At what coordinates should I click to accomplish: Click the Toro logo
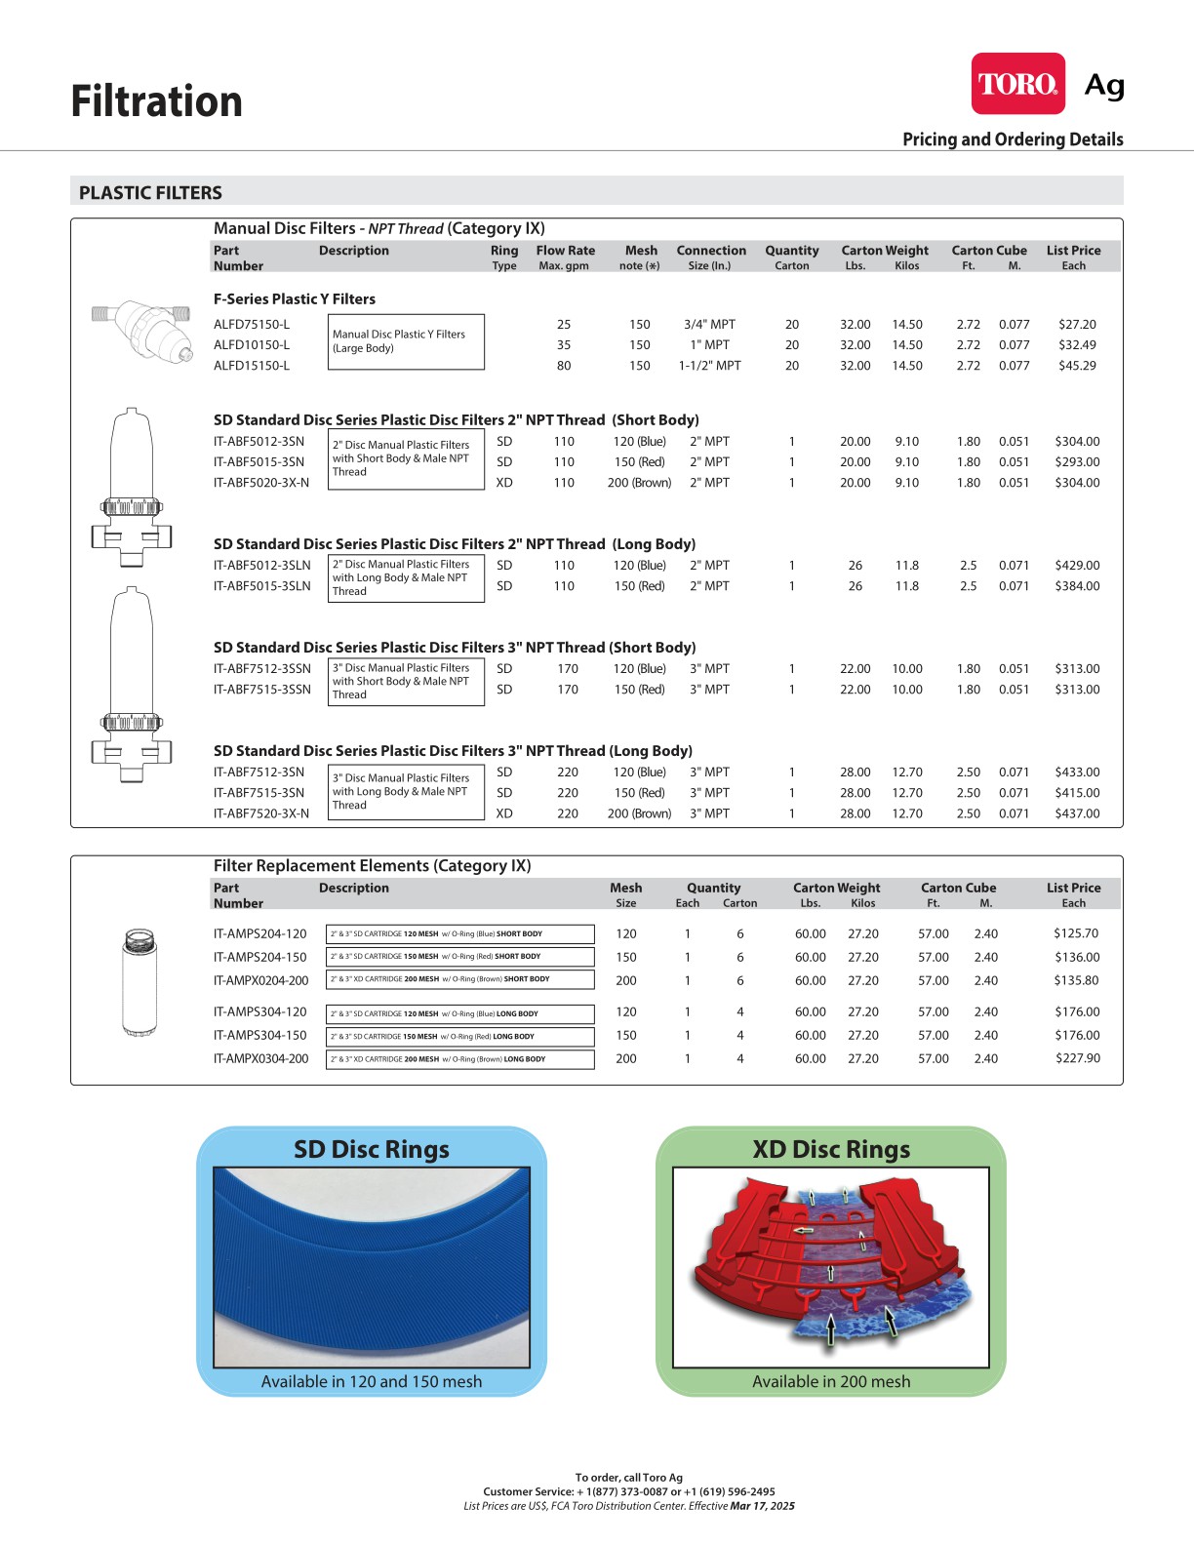click(x=1017, y=84)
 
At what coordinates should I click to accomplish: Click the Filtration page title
click(x=156, y=101)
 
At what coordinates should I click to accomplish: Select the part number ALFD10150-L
click(x=252, y=345)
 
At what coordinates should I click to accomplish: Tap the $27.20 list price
click(x=1077, y=325)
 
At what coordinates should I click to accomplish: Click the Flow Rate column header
click(x=565, y=251)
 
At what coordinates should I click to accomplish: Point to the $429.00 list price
click(x=1077, y=566)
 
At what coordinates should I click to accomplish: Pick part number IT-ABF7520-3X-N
click(x=261, y=813)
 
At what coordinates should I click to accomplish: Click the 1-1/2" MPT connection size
click(x=709, y=367)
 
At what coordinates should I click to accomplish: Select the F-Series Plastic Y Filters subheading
click(x=295, y=299)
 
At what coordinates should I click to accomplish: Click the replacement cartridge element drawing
click(x=139, y=982)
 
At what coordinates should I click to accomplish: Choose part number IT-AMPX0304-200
click(x=260, y=1059)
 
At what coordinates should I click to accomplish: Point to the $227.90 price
click(x=1077, y=1059)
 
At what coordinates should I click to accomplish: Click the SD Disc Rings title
click(x=372, y=1150)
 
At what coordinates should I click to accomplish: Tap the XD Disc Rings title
click(x=831, y=1150)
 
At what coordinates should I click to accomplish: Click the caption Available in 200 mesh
click(x=831, y=1382)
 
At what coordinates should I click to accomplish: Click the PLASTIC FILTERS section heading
click(x=150, y=193)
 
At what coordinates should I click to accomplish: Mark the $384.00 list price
click(x=1077, y=586)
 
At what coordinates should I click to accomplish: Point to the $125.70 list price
click(x=1076, y=933)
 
